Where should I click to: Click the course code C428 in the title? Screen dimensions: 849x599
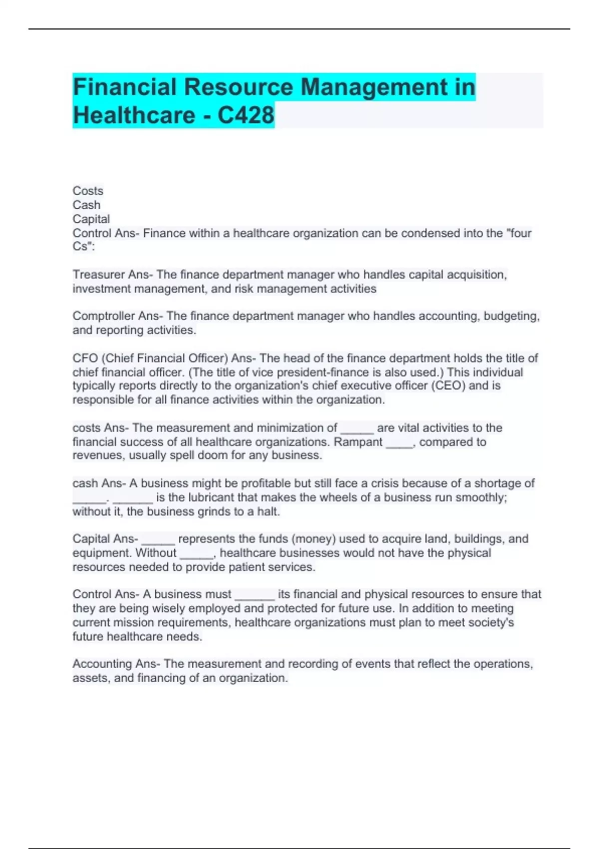point(246,115)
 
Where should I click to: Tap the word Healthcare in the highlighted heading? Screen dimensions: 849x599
point(134,115)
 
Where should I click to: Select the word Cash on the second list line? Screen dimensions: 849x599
point(86,205)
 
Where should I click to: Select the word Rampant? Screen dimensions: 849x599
point(358,442)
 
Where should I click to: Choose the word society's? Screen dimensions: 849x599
point(492,622)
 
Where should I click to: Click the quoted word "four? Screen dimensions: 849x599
point(519,233)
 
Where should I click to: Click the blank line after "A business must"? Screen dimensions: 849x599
point(255,595)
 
